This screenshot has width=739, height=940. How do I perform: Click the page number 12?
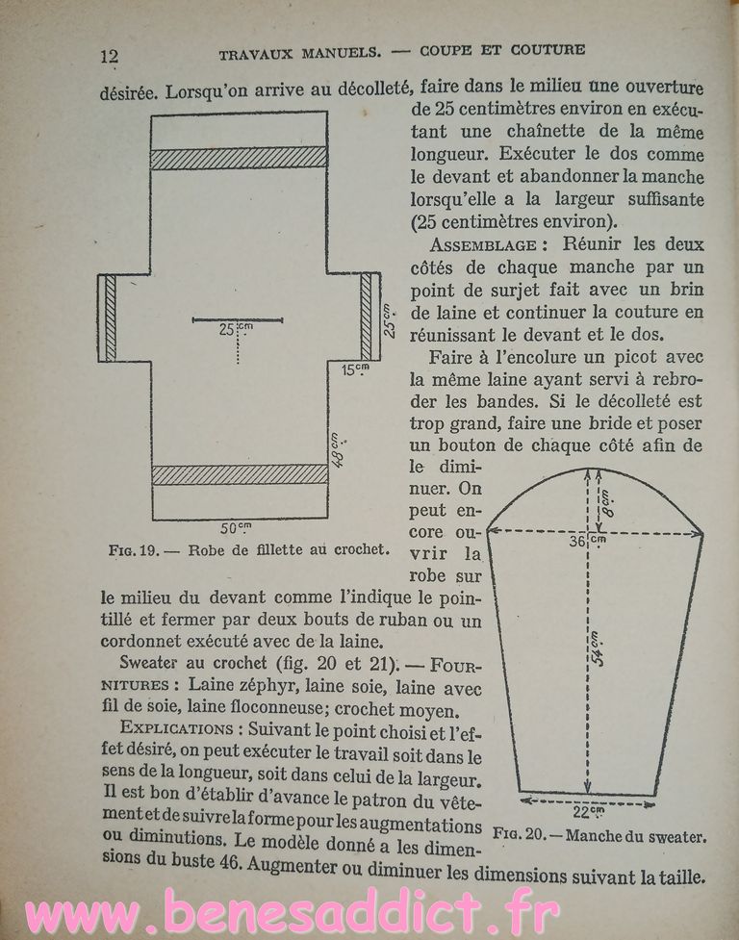point(109,55)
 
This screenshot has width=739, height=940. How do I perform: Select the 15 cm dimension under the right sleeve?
point(357,368)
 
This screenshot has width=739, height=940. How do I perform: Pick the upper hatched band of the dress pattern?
point(239,158)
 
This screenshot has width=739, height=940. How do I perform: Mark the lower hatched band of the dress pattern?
point(239,474)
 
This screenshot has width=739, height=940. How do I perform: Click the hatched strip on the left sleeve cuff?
point(111,318)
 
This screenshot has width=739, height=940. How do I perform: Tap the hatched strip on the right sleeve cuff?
point(366,318)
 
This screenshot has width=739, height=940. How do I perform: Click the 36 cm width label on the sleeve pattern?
point(580,542)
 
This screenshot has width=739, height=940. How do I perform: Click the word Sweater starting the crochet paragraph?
point(153,665)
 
